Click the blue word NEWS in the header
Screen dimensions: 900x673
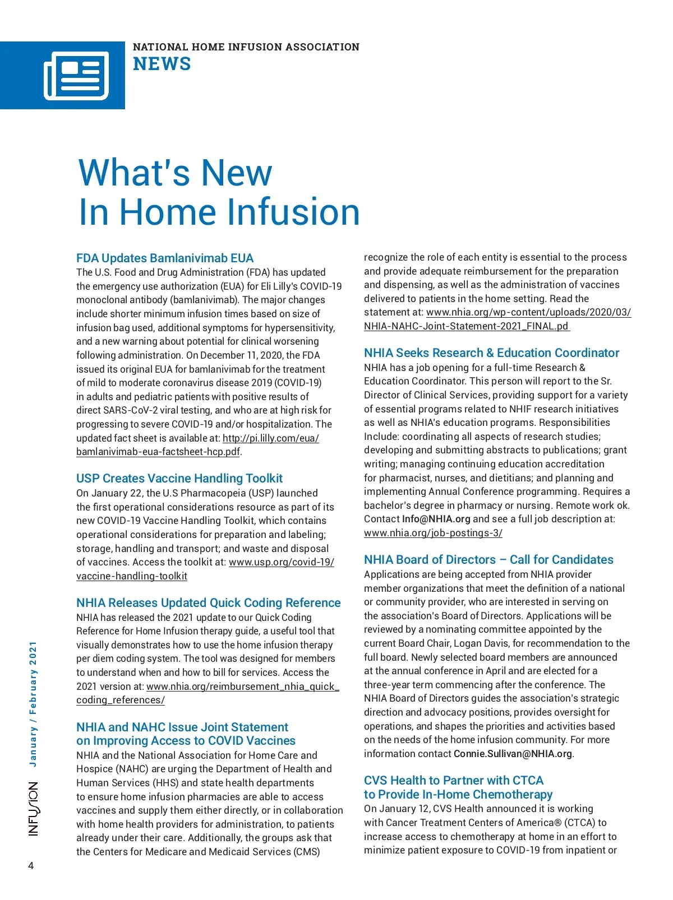pyautogui.click(x=162, y=64)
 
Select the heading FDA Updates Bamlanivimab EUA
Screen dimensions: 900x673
pyautogui.click(x=165, y=258)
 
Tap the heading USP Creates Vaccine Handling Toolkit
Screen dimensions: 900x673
pyautogui.click(x=179, y=479)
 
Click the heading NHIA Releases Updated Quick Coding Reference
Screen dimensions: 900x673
pyautogui.click(x=209, y=603)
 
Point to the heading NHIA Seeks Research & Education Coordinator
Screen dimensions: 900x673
pyautogui.click(x=491, y=353)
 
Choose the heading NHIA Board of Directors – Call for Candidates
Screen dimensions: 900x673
pyautogui.click(x=488, y=560)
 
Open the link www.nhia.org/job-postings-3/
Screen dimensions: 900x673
pyautogui.click(x=433, y=533)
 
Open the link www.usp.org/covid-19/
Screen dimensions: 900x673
pyautogui.click(x=282, y=562)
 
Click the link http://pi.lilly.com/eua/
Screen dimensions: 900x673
pyautogui.click(x=271, y=438)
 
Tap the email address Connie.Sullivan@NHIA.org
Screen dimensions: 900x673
pyautogui.click(x=513, y=754)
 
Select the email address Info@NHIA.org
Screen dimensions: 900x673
pyautogui.click(x=436, y=519)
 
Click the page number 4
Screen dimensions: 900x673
pyautogui.click(x=31, y=866)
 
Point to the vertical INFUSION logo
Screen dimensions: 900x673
pyautogui.click(x=34, y=809)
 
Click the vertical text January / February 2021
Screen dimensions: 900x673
pyautogui.click(x=33, y=704)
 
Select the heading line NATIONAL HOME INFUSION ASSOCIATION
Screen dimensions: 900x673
pyautogui.click(x=246, y=47)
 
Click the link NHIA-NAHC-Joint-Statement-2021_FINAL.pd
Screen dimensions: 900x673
pyautogui.click(x=467, y=326)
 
